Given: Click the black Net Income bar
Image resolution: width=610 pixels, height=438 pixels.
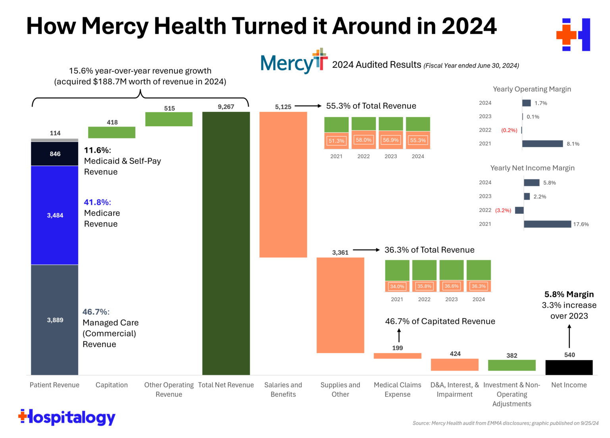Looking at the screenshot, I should tap(569, 367).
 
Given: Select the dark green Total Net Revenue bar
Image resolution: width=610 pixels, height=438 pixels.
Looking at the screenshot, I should tap(226, 243).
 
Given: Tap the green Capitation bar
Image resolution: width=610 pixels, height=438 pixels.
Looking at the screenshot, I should tap(112, 133).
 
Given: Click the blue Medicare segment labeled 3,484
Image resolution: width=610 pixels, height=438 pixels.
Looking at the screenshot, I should tap(55, 215).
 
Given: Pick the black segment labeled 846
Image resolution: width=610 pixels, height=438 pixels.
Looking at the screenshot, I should tap(55, 154).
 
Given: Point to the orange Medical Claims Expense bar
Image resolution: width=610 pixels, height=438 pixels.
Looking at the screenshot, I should tap(397, 356).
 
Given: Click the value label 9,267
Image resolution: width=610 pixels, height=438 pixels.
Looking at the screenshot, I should tap(226, 107).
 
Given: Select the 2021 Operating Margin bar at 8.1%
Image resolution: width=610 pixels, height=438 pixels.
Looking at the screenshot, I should tap(542, 144).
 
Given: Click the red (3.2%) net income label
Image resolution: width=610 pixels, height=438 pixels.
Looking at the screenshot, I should tap(503, 210).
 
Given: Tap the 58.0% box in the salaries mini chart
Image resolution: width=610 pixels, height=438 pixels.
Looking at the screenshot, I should tap(363, 140).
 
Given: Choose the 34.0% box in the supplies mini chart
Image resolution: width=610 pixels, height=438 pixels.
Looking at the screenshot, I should tap(397, 286).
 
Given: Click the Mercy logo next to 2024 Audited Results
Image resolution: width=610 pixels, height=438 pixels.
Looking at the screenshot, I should tap(294, 62).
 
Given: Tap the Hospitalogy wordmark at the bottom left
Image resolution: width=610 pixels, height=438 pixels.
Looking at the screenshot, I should tap(67, 417).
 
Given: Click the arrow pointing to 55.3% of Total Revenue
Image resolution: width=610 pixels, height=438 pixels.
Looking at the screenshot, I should tap(308, 106).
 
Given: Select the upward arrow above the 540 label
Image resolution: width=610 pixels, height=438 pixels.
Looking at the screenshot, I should tap(569, 336).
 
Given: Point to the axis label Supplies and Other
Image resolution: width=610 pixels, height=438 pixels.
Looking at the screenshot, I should tap(340, 390).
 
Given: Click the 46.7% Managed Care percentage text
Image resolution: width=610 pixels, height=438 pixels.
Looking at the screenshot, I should tap(96, 312).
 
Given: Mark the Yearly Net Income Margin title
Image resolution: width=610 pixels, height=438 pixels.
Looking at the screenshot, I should tap(532, 168).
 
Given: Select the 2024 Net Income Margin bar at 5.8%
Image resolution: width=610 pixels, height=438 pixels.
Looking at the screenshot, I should tap(531, 182).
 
